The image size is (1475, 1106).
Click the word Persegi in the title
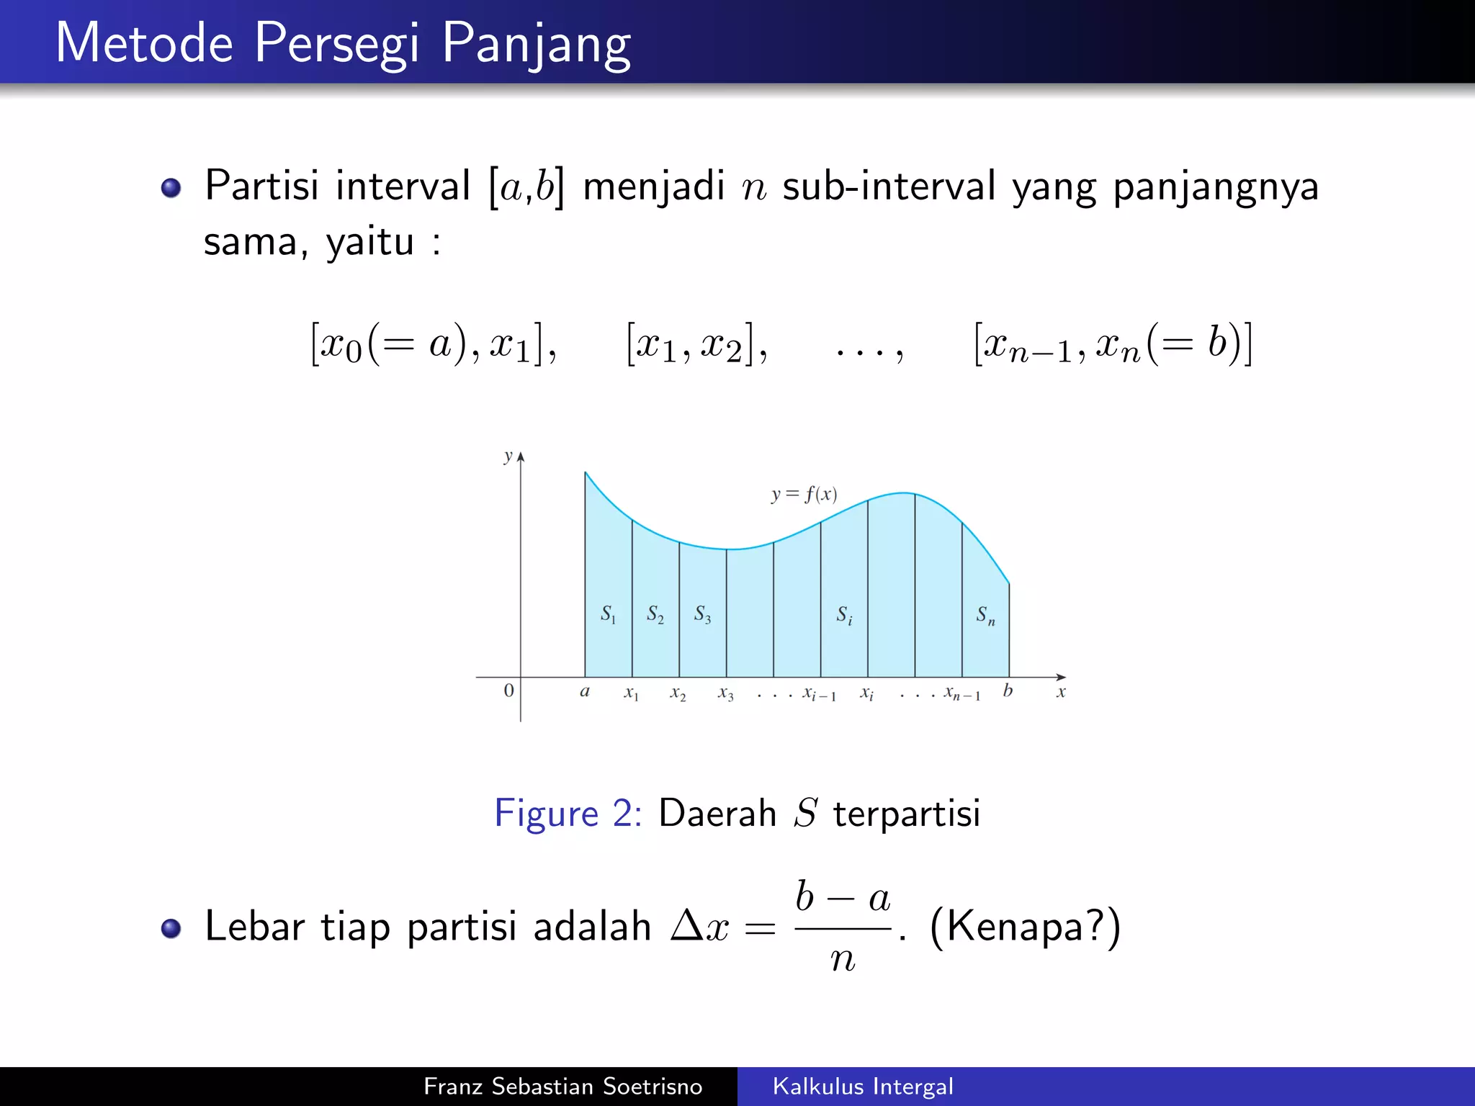pos(336,45)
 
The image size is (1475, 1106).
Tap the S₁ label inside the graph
pos(609,614)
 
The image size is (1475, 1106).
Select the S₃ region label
pos(702,614)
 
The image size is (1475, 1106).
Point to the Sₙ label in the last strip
pos(985,616)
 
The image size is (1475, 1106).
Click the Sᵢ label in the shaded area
pos(844,616)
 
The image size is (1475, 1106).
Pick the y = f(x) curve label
pos(804,495)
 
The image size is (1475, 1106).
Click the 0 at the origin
pos(508,691)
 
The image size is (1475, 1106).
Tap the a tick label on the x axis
pos(585,692)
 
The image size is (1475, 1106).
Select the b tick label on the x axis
pos(1008,691)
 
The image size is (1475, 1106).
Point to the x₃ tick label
pos(725,693)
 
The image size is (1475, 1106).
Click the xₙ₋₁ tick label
pos(962,694)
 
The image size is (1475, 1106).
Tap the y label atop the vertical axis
pos(508,457)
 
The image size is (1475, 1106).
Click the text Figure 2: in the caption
pos(568,814)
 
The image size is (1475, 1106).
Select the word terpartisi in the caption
pos(906,814)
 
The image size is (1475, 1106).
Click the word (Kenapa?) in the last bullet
pos(1025,926)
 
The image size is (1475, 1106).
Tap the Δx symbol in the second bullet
pos(699,926)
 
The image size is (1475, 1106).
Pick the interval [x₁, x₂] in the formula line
pos(696,344)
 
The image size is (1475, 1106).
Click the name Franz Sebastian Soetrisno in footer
pos(562,1086)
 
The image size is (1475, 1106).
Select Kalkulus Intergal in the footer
pos(862,1086)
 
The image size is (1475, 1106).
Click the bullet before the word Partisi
pos(171,189)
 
